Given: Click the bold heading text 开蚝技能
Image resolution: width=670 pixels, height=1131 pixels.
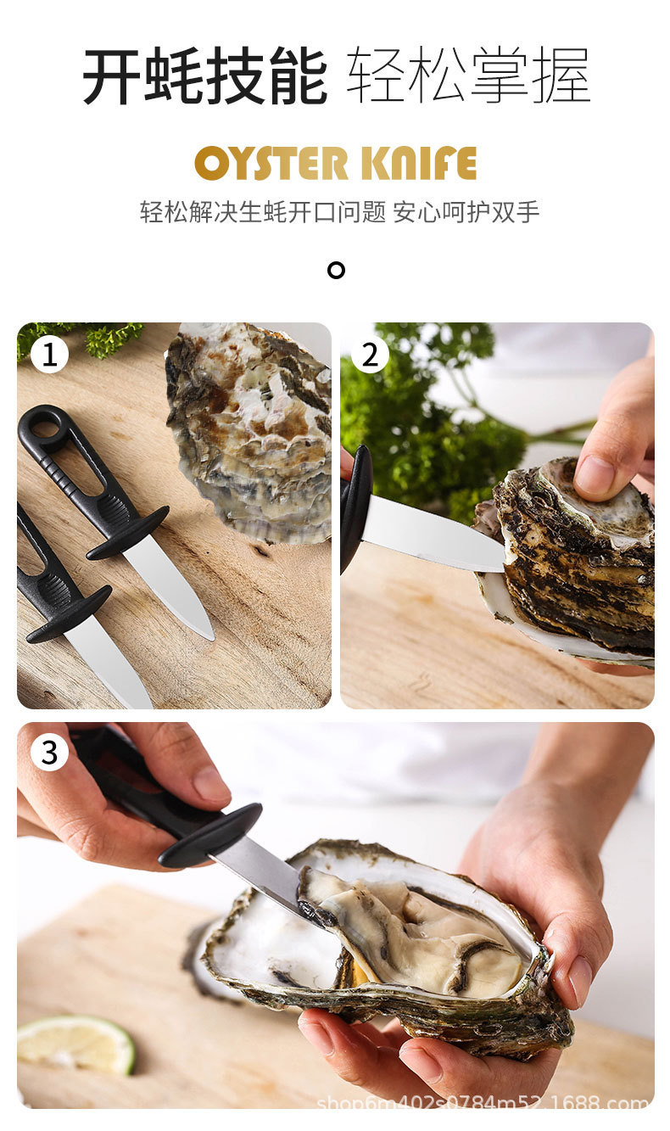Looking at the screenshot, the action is [205, 76].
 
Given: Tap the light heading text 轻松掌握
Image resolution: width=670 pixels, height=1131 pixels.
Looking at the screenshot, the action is [468, 76].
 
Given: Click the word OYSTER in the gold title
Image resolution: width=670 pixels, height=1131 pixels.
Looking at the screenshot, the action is [271, 163].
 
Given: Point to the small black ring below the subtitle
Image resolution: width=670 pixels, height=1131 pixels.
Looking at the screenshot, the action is [336, 270].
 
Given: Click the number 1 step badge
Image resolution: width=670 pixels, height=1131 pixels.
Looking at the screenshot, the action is [49, 355].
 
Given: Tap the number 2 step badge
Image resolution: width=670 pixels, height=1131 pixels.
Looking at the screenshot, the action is [370, 355].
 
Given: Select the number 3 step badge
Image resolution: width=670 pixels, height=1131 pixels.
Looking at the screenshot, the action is [49, 753].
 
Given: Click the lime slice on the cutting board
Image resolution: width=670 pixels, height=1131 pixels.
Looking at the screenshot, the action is [75, 1043].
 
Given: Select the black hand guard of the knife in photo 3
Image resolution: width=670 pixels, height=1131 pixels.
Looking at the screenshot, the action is [210, 835].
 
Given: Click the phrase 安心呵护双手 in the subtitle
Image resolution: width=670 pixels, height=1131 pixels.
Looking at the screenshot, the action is [466, 211].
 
